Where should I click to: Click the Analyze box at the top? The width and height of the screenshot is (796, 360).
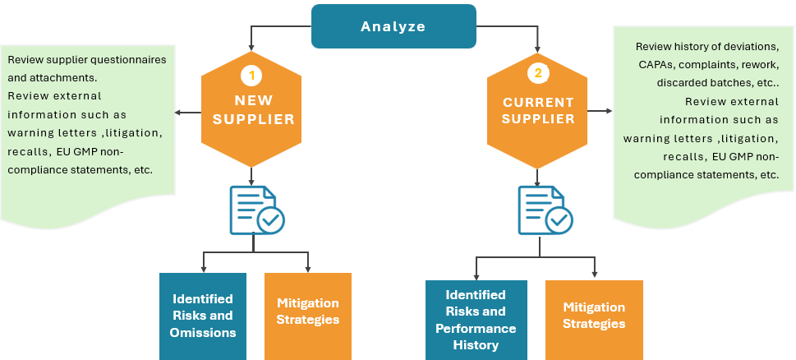coord(393,26)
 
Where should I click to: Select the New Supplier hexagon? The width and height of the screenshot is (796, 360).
coord(251,111)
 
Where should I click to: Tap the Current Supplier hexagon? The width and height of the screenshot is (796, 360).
coord(537,111)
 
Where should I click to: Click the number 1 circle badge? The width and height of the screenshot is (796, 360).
coord(251,75)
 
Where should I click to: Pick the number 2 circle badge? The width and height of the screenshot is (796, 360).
coord(538,73)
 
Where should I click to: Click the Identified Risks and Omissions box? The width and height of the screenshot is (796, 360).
coord(202,316)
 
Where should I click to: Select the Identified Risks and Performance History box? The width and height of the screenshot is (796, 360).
coord(476,321)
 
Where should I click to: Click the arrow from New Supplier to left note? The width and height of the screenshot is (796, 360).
coord(187,113)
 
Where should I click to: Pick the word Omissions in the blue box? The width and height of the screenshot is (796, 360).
coord(202,333)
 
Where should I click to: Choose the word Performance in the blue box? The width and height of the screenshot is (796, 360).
coord(476,329)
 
